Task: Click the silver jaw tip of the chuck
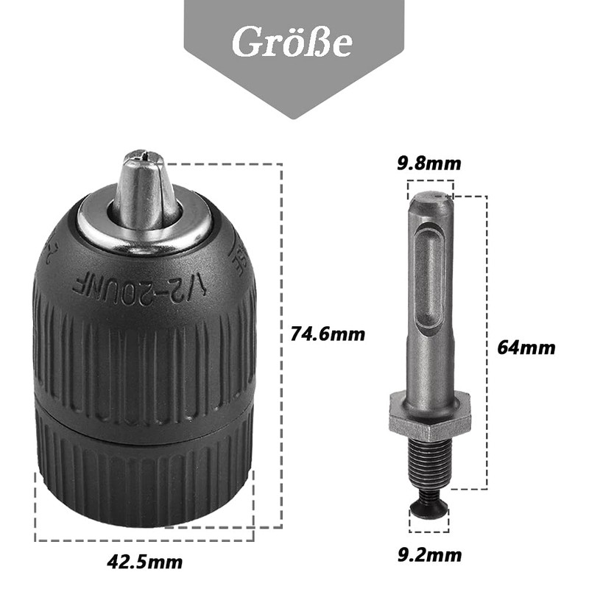click(x=144, y=184)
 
